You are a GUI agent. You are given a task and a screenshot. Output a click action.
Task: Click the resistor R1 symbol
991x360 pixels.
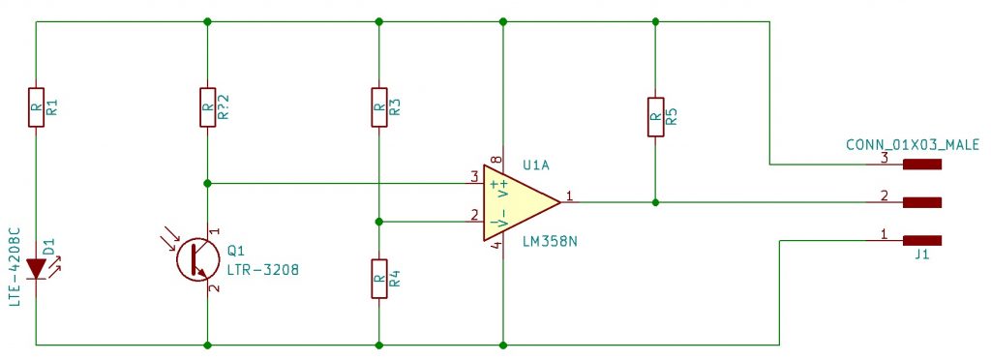36,107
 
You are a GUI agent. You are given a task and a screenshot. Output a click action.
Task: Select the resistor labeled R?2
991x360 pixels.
207,107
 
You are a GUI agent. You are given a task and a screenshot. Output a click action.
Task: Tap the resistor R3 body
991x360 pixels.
378,107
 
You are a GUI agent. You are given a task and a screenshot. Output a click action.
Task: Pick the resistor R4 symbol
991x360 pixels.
378,280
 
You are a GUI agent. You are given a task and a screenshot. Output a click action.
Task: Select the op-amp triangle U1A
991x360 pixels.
517,202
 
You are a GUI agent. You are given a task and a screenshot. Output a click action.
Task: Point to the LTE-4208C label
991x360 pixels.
14,268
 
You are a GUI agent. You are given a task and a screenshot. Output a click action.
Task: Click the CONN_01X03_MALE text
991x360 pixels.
913,145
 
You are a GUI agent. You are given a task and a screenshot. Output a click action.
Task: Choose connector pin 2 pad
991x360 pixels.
921,202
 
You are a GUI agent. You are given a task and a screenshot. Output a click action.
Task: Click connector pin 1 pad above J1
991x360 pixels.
921,240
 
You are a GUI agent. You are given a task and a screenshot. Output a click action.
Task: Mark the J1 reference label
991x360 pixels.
921,257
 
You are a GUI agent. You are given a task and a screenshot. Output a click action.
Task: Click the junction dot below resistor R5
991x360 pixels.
655,202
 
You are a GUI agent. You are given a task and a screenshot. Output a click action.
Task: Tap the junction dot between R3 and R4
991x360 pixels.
378,222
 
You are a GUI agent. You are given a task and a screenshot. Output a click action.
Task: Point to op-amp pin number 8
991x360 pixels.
495,159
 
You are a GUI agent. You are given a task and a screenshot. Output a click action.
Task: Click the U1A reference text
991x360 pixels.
535,164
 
